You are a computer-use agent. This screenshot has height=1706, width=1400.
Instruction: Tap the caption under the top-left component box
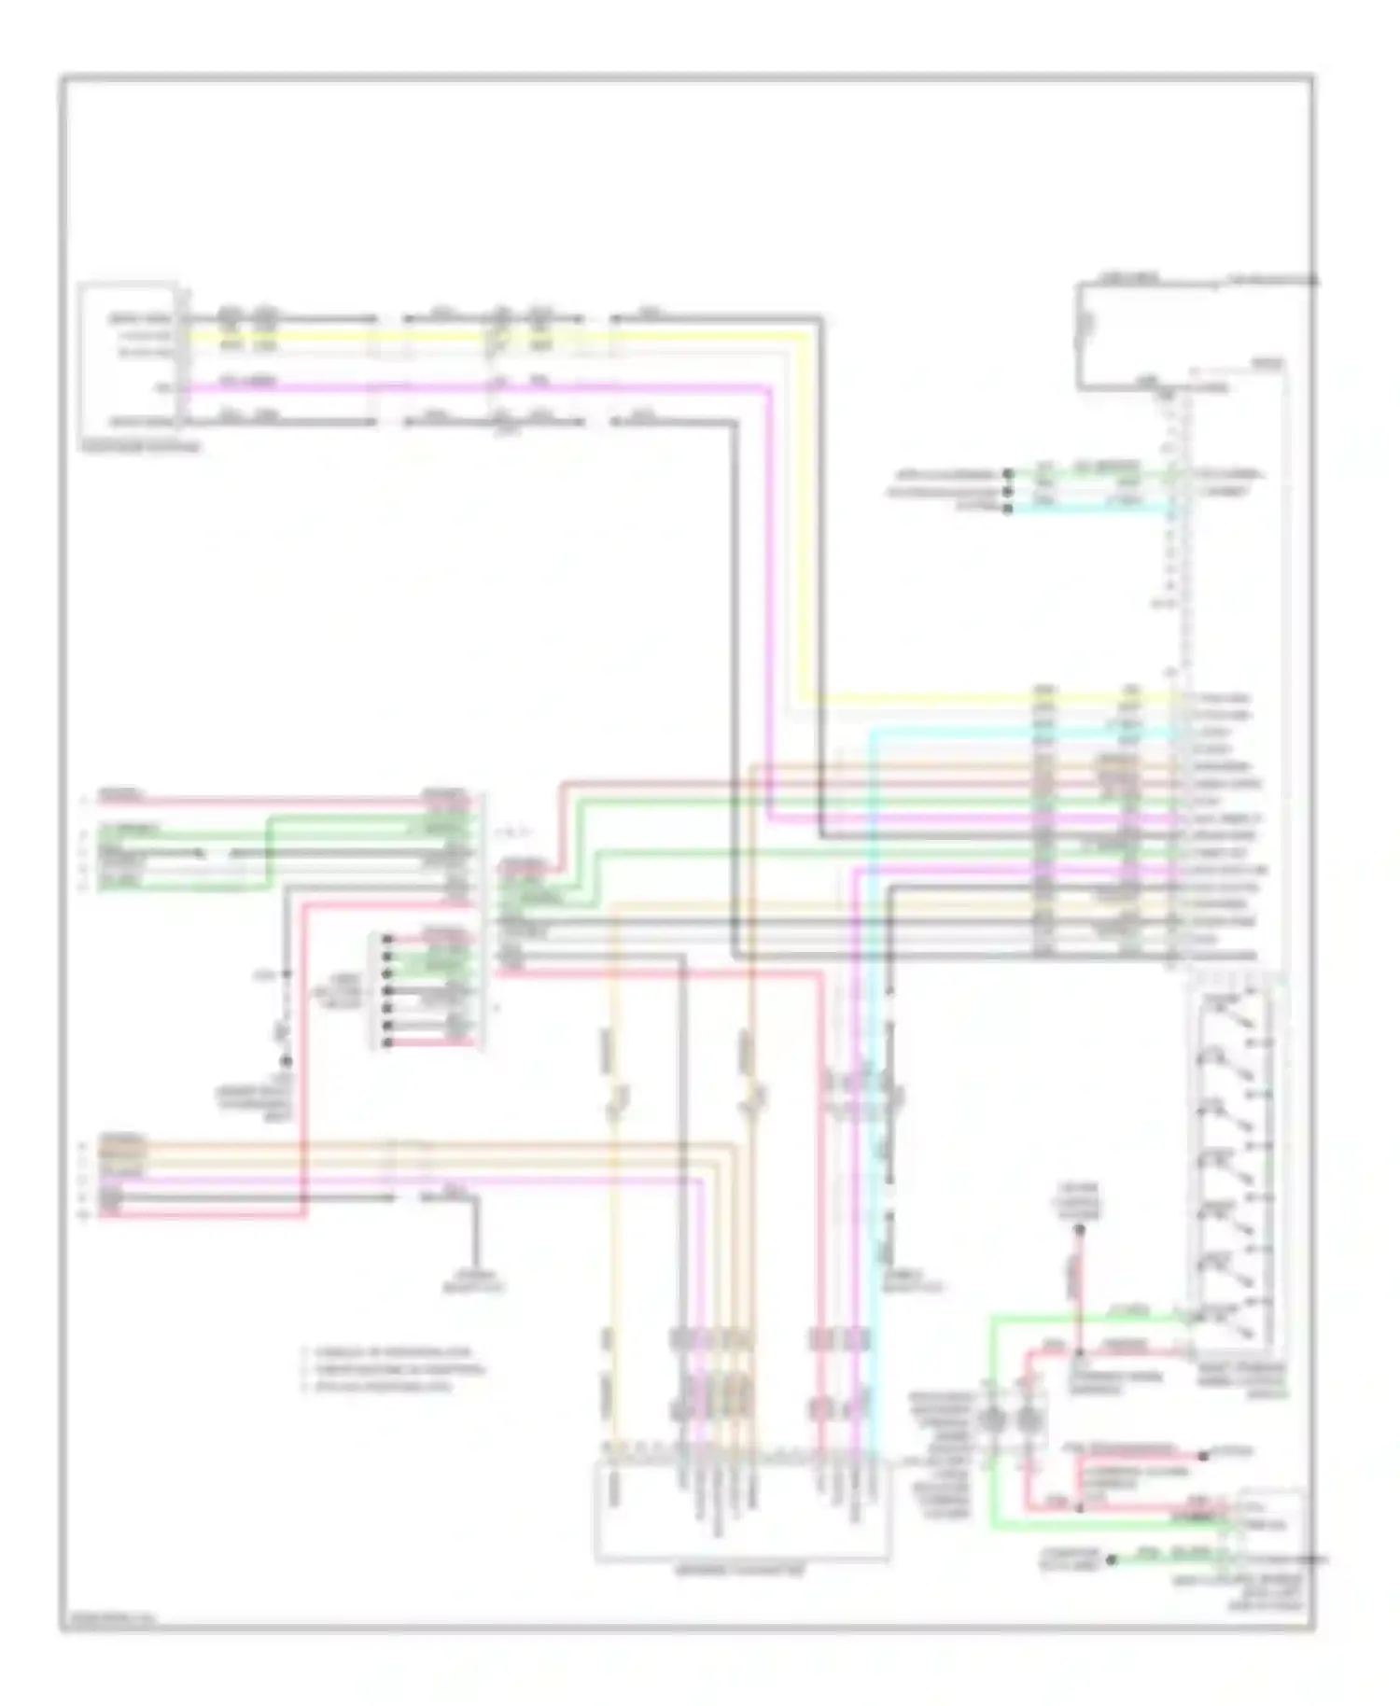click(141, 448)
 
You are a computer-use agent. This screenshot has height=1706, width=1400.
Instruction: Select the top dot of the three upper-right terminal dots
click(1008, 473)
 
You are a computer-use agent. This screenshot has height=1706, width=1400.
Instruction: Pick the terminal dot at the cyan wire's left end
click(1008, 509)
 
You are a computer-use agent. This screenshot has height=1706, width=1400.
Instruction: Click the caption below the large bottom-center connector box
click(741, 1572)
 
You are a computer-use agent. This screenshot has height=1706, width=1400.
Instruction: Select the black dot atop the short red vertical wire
click(1079, 1230)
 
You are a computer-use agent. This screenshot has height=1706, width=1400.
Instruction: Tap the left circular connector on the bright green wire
click(992, 1421)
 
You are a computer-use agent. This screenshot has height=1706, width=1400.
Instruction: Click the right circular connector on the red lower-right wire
click(1029, 1421)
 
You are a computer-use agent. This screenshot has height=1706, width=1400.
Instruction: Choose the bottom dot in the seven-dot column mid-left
click(386, 1041)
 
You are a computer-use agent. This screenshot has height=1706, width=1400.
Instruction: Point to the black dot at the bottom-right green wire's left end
click(1111, 1559)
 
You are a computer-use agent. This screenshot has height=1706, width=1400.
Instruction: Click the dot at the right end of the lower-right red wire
click(1204, 1455)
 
